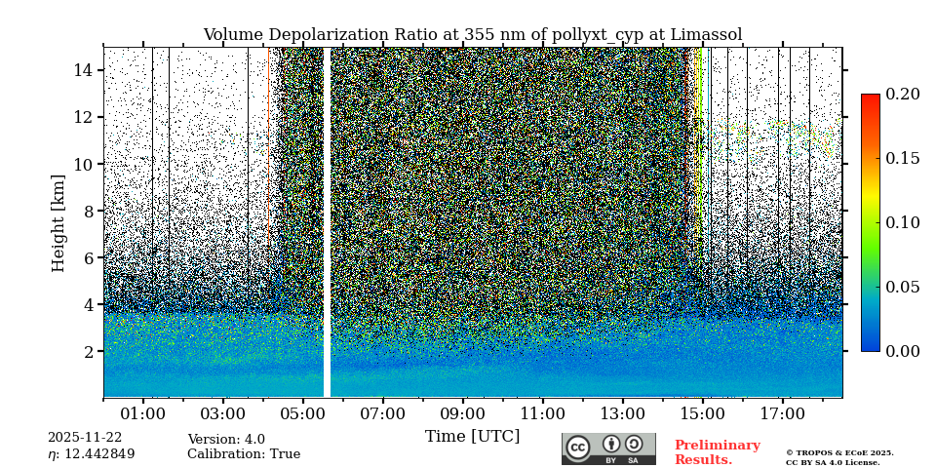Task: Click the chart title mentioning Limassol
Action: pos(472,35)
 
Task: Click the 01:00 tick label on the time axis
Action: pos(143,414)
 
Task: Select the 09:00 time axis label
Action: pos(462,414)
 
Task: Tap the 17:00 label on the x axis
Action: pos(782,414)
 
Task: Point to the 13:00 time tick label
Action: pos(622,414)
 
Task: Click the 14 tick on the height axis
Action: pos(83,70)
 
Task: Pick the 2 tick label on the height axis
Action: pos(87,351)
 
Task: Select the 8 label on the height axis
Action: pos(87,211)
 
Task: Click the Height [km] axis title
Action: pos(58,222)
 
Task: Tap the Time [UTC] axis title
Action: pos(472,437)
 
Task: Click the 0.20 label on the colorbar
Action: pos(902,95)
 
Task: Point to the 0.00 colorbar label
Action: pos(902,351)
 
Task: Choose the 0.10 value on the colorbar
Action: pos(902,222)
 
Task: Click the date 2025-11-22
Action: pos(85,439)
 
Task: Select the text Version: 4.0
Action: pos(226,440)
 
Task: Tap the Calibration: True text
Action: pos(244,454)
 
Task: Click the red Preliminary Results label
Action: pos(717,452)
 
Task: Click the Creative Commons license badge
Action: pos(608,448)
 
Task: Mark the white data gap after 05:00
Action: pos(327,222)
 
